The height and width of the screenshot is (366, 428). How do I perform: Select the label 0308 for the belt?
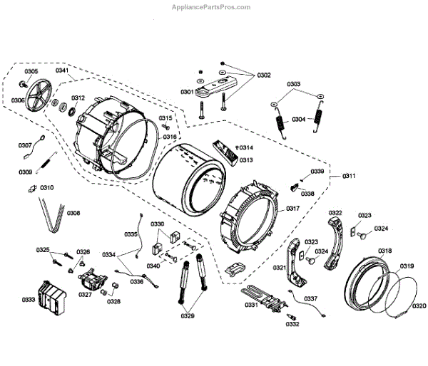(x=73, y=213)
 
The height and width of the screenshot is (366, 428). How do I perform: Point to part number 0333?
(x=29, y=300)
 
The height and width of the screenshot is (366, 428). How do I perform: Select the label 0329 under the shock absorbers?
(x=187, y=315)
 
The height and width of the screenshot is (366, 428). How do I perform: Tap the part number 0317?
(x=292, y=209)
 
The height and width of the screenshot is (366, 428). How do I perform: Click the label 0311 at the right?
(x=350, y=175)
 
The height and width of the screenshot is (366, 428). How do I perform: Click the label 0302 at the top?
(x=264, y=75)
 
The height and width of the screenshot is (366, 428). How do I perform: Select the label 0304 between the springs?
(x=298, y=119)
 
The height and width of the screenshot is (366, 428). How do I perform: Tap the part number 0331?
(x=250, y=305)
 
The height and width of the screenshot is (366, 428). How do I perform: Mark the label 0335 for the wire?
(x=131, y=234)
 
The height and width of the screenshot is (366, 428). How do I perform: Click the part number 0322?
(x=335, y=213)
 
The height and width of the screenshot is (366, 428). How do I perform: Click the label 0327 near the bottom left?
(x=86, y=294)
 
